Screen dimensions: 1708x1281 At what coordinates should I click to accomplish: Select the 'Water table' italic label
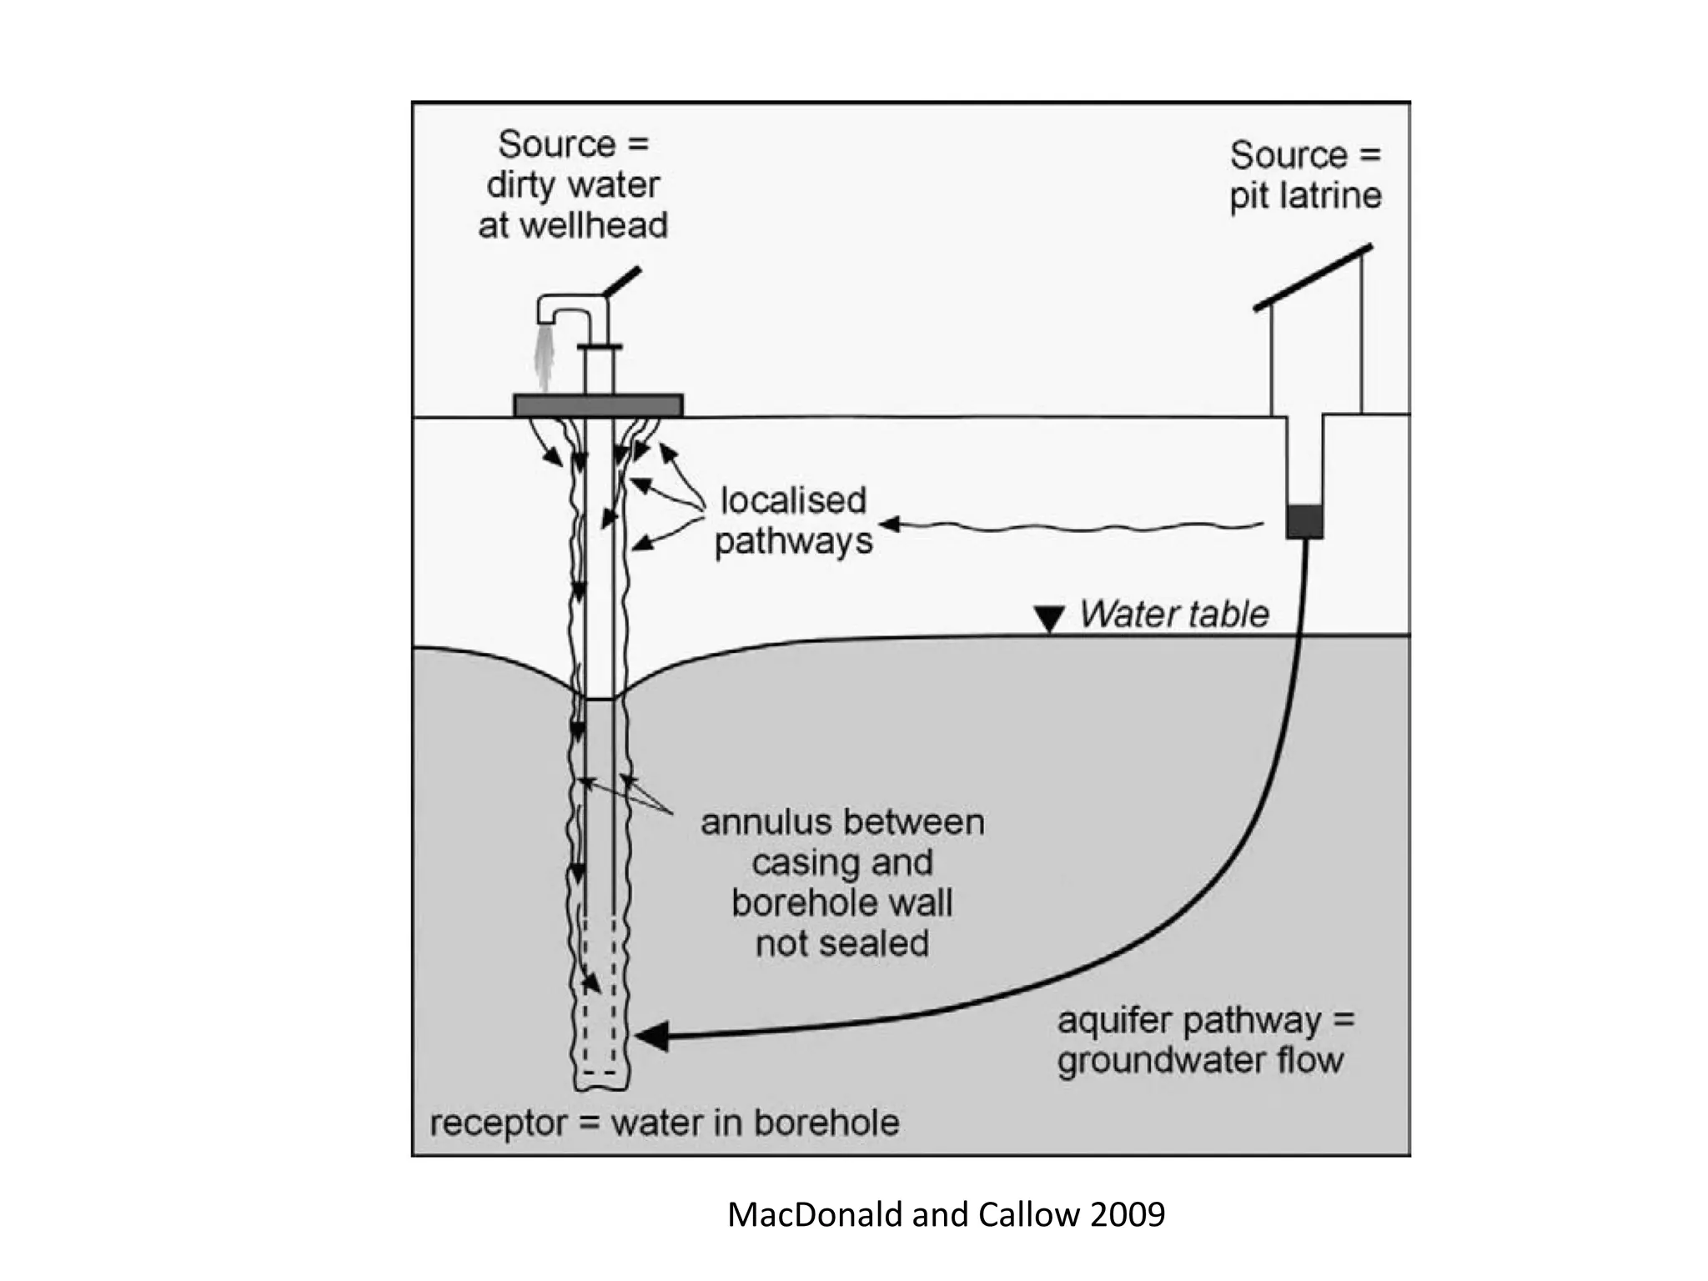[x=1174, y=614]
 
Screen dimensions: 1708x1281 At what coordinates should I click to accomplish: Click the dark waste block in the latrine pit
[x=1304, y=521]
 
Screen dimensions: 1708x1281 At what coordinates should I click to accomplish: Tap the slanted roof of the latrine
[x=1313, y=278]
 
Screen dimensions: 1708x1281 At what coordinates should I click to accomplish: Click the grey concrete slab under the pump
[x=598, y=405]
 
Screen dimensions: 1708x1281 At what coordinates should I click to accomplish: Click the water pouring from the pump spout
[x=544, y=358]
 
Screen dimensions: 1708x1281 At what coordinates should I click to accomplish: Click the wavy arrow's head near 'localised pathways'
[x=890, y=524]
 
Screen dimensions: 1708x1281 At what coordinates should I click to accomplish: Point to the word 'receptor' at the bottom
[x=499, y=1124]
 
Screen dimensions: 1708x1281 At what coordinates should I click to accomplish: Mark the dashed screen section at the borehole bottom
[x=600, y=995]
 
